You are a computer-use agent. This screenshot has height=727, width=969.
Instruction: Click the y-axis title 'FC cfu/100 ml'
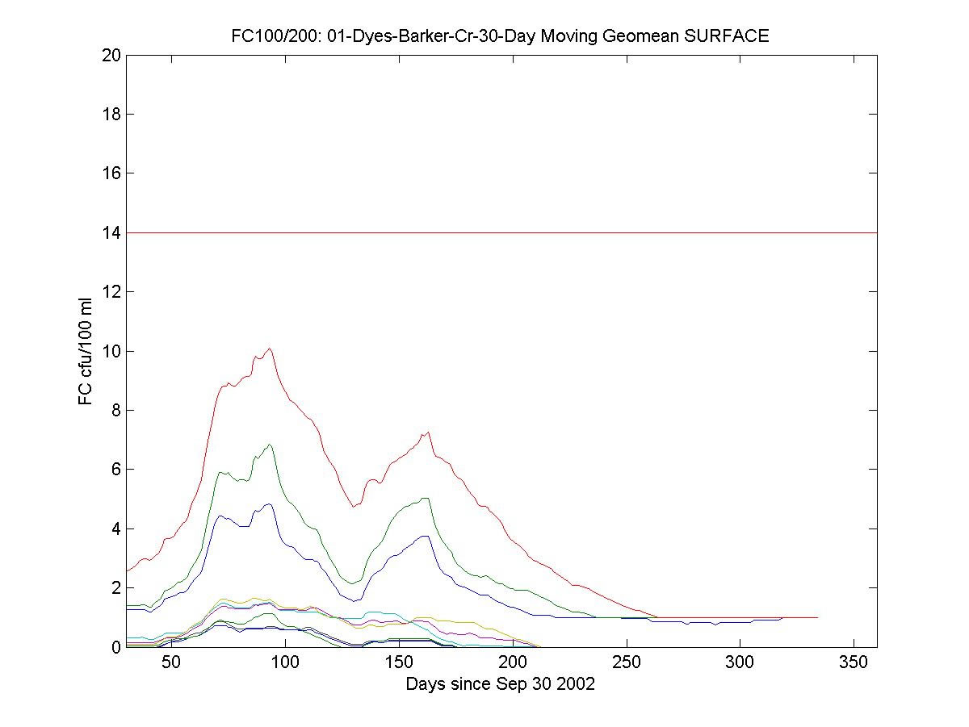[x=86, y=351]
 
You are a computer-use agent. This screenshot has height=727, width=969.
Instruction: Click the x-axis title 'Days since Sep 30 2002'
[x=501, y=684]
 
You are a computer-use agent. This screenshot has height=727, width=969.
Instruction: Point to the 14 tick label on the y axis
[x=111, y=232]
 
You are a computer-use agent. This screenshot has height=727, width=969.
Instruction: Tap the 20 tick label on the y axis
[x=111, y=55]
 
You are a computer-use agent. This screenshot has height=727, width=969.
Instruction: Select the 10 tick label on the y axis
[x=111, y=351]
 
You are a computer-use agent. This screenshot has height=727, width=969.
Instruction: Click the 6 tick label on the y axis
[x=115, y=470]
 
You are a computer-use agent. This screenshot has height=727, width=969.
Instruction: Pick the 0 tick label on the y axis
[x=115, y=647]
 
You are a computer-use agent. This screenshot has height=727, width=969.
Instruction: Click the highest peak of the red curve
[x=270, y=349]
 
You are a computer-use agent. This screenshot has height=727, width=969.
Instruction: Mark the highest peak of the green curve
[x=270, y=444]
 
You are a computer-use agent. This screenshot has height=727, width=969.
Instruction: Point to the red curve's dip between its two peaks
[x=353, y=506]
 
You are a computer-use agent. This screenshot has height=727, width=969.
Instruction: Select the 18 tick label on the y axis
[x=111, y=114]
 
